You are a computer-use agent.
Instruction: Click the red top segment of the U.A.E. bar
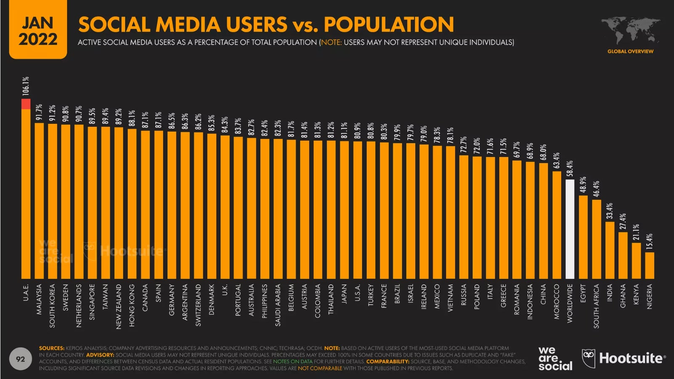pyautogui.click(x=26, y=104)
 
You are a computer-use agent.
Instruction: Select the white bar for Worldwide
pyautogui.click(x=570, y=229)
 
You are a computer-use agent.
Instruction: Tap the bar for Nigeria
pyautogui.click(x=650, y=265)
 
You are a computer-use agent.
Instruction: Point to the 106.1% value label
pyautogui.click(x=26, y=85)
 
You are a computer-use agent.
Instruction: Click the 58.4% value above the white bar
pyautogui.click(x=570, y=169)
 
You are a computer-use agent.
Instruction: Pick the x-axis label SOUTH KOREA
pyautogui.click(x=53, y=305)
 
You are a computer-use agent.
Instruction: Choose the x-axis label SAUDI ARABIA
pyautogui.click(x=278, y=305)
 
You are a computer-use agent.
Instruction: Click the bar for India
pyautogui.click(x=610, y=250)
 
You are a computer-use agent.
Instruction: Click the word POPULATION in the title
pyautogui.click(x=389, y=24)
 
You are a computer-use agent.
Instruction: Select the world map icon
pyautogui.click(x=630, y=31)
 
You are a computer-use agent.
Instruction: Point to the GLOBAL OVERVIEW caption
pyautogui.click(x=630, y=51)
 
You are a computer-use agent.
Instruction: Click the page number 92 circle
pyautogui.click(x=20, y=359)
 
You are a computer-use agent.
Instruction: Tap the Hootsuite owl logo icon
pyautogui.click(x=589, y=358)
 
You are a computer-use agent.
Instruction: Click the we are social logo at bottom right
pyautogui.click(x=555, y=359)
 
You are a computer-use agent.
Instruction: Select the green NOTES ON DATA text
pyautogui.click(x=293, y=362)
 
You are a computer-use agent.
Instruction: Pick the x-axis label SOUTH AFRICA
pyautogui.click(x=597, y=306)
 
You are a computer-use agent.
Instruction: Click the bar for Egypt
pyautogui.click(x=583, y=237)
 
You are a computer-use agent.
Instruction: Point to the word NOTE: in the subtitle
pyautogui.click(x=332, y=43)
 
